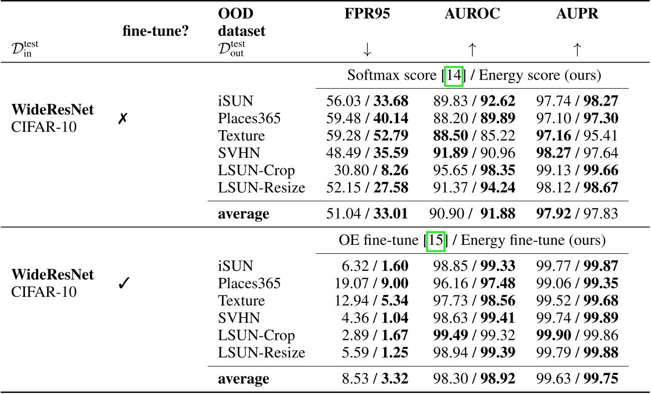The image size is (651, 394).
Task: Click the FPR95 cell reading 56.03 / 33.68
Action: pos(367,102)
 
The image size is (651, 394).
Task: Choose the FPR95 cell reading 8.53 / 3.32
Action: pos(372,379)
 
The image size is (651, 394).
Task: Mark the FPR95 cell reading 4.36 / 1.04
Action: pos(372,318)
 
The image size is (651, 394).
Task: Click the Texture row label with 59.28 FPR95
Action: pos(241,136)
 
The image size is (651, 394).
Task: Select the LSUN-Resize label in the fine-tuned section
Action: pos(261,352)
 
